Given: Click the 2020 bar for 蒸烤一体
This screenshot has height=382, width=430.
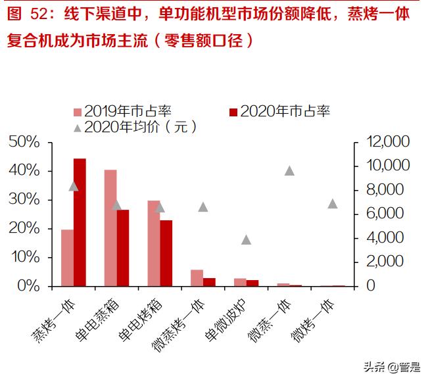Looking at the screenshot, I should click(80, 222).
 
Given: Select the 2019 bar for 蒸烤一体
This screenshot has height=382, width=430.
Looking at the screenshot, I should click(67, 258).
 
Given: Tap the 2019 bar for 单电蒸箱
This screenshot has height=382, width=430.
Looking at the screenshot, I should click(110, 227).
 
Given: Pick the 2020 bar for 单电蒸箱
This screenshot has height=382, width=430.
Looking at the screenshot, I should click(123, 248).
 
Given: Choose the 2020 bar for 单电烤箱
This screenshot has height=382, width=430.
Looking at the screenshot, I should click(166, 253).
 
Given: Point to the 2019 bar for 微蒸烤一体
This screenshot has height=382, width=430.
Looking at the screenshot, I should click(197, 278).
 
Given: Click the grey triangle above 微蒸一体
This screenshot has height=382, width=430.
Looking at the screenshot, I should click(289, 171).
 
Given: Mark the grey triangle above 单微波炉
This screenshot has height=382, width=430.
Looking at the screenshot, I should click(247, 240).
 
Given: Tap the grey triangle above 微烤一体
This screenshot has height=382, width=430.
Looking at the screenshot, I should click(333, 204).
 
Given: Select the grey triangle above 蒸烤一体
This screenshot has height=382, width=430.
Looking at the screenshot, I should click(74, 186).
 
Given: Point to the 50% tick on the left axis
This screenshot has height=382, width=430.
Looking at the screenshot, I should click(24, 142).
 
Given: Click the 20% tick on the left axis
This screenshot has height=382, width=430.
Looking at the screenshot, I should click(24, 228).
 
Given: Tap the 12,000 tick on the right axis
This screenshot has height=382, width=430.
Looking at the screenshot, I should click(388, 142).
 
